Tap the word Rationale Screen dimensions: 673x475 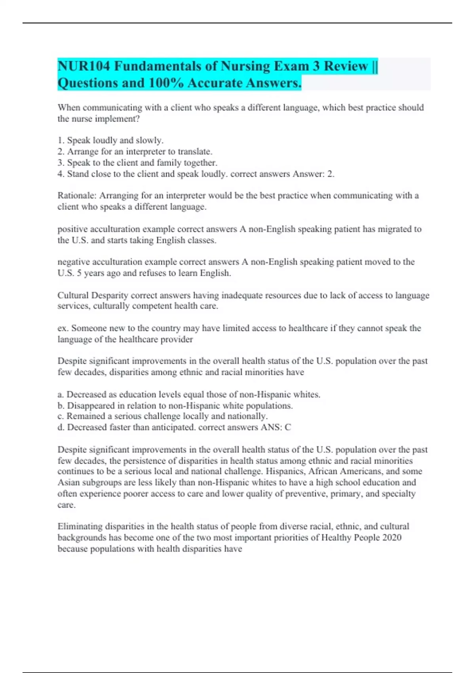[x=77, y=196]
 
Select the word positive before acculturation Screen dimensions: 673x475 [x=72, y=229]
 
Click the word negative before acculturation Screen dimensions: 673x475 [x=74, y=262]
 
